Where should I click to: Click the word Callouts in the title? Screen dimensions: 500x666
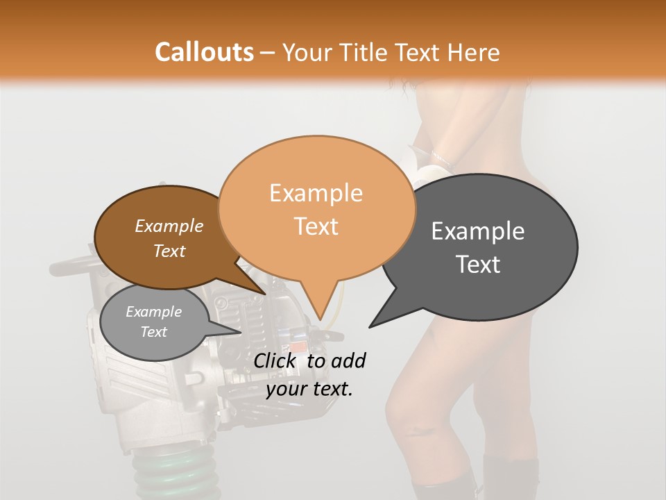pos(204,52)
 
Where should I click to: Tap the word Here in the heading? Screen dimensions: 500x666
pos(474,52)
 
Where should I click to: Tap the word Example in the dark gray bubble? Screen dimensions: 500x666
pos(478,231)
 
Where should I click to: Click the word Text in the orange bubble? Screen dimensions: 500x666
pos(316,226)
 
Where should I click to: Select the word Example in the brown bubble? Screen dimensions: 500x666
pos(169,226)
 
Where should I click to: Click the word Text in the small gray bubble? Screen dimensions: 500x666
pos(153,332)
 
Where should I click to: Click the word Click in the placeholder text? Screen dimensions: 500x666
pos(277,360)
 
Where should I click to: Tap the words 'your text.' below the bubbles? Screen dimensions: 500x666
pos(309,389)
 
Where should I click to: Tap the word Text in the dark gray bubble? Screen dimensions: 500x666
pos(478,265)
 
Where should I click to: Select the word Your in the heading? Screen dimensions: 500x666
pos(307,52)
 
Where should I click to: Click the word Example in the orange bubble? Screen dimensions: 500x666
pos(316,193)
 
